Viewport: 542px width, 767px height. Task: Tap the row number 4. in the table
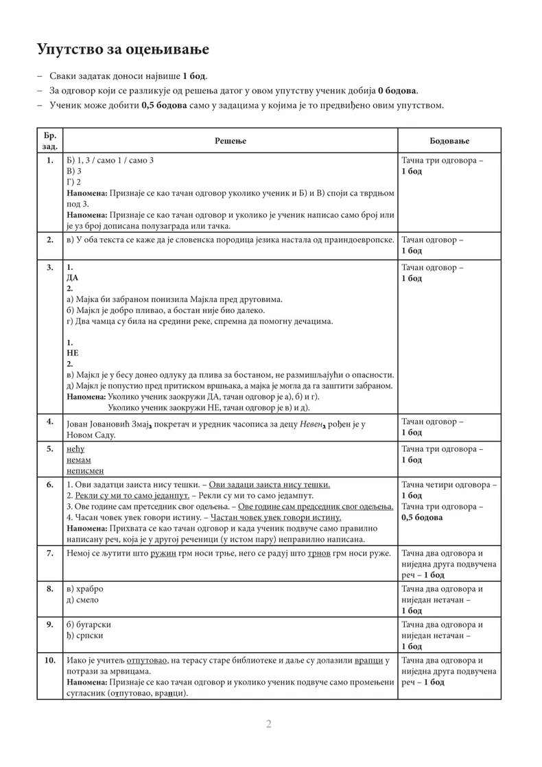click(x=50, y=421)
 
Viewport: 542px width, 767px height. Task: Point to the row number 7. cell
click(x=50, y=553)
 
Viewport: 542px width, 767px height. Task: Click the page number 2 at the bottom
click(x=270, y=724)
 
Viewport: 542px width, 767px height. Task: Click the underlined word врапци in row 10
click(x=368, y=661)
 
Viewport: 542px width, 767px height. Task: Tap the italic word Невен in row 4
click(x=313, y=425)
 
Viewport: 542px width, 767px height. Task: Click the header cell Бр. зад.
click(x=50, y=141)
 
